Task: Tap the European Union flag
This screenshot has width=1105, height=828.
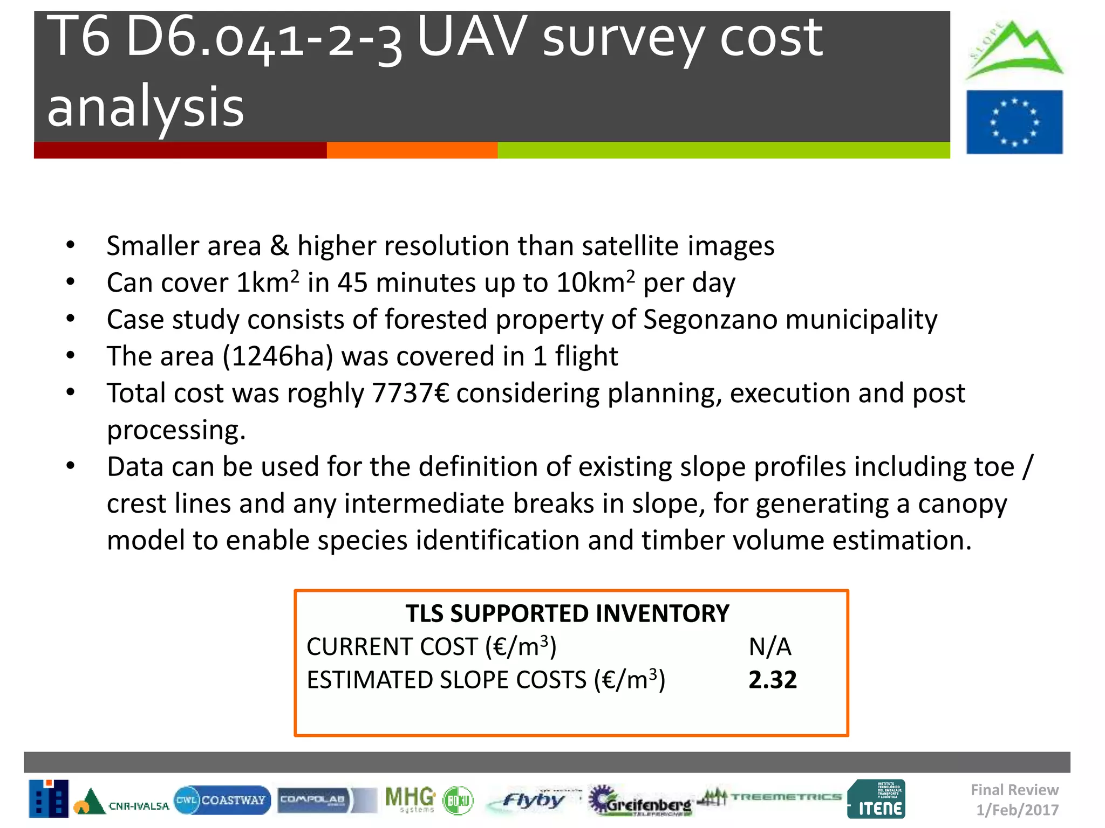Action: click(1014, 122)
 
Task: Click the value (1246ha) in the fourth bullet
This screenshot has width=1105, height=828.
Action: click(278, 356)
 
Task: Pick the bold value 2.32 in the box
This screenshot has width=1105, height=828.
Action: click(772, 680)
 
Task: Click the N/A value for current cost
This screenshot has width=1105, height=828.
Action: click(770, 646)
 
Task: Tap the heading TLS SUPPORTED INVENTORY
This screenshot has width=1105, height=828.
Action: click(567, 613)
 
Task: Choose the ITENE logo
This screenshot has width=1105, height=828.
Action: click(876, 799)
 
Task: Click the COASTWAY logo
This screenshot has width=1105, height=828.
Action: click(222, 800)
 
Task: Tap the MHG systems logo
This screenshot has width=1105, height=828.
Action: click(411, 799)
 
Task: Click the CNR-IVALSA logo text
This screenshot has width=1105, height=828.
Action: click(139, 806)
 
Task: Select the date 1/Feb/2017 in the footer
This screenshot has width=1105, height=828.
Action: click(1017, 810)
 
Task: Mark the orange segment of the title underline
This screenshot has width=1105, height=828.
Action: click(412, 150)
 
